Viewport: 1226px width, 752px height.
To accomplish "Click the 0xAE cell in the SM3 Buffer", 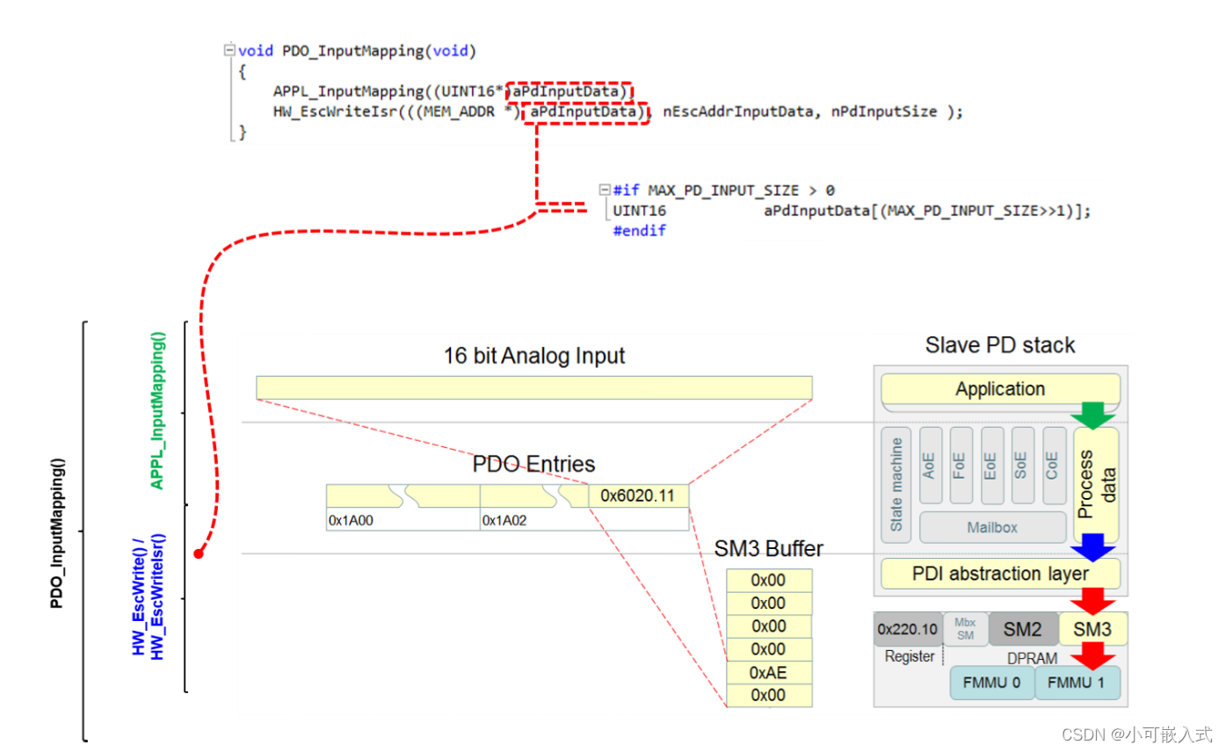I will click(768, 672).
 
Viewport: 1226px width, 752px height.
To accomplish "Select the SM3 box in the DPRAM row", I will click(1093, 629).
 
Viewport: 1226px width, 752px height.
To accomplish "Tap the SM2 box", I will click(1023, 629).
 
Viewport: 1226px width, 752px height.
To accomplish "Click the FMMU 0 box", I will click(991, 683).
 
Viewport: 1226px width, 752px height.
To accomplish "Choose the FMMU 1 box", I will click(1077, 683).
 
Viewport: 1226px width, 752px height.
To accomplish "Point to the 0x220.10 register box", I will click(907, 629).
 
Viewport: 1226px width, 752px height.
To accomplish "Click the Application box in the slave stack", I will click(1000, 389).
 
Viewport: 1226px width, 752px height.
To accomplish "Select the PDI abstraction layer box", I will click(1000, 574).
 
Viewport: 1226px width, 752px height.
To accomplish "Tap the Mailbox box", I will click(991, 528).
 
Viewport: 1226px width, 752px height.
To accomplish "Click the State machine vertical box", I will click(896, 485).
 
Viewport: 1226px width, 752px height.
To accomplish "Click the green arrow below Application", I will click(1093, 416).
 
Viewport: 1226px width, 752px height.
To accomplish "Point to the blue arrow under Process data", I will click(1093, 546).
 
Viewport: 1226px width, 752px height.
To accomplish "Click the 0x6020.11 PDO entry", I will click(637, 495).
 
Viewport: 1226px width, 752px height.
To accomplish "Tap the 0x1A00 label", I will click(351, 520).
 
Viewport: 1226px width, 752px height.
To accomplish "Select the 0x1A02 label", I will click(504, 520).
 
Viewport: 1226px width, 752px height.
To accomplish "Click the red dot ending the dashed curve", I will click(199, 553).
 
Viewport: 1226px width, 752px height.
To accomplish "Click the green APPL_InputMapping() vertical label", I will click(158, 411).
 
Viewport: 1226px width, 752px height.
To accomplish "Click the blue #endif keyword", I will click(639, 231).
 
